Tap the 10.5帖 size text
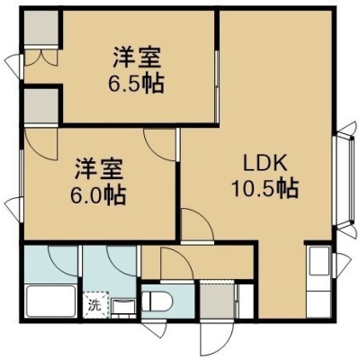[x=265, y=189]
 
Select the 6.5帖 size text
[x=136, y=83]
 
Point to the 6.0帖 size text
[x=98, y=195]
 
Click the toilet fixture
[x=157, y=301]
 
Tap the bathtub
[x=50, y=301]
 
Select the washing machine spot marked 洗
[x=95, y=304]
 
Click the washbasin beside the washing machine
[x=123, y=307]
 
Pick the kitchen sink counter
[x=319, y=282]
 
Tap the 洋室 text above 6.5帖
[x=136, y=58]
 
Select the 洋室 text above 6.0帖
[x=98, y=170]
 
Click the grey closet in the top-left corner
[x=40, y=28]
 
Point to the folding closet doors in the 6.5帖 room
[x=40, y=58]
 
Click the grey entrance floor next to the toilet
[x=217, y=301]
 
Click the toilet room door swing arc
[x=177, y=264]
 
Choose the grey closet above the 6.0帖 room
[x=41, y=107]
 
